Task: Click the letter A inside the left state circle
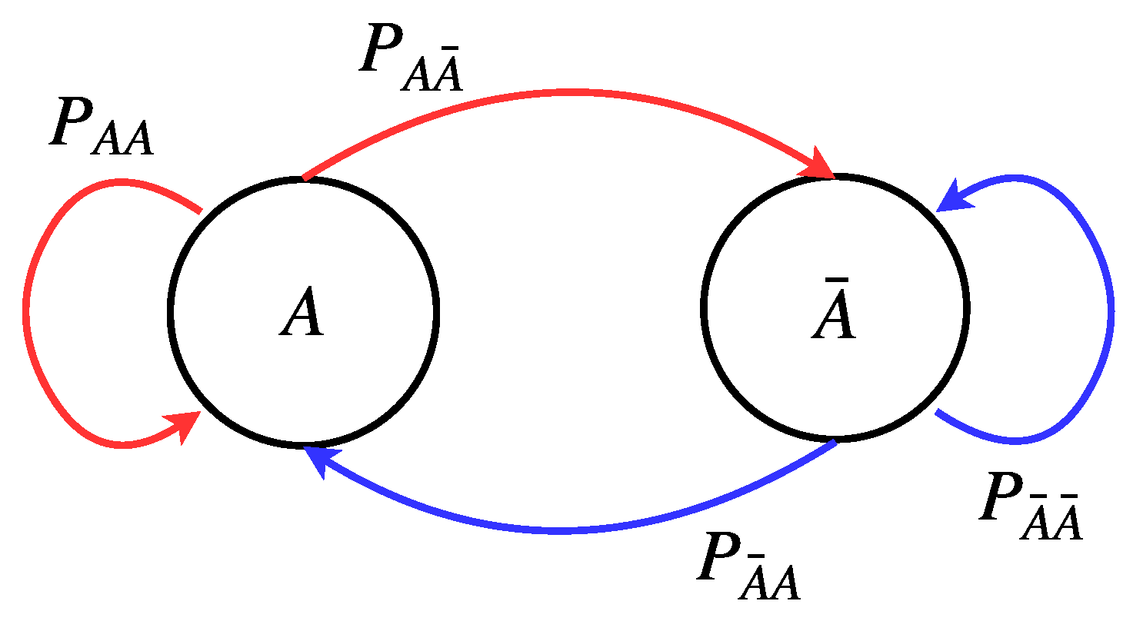point(302,315)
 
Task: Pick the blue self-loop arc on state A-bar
point(1109,307)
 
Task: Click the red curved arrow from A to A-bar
point(562,91)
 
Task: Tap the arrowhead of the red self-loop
point(185,424)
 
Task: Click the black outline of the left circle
point(170,311)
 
